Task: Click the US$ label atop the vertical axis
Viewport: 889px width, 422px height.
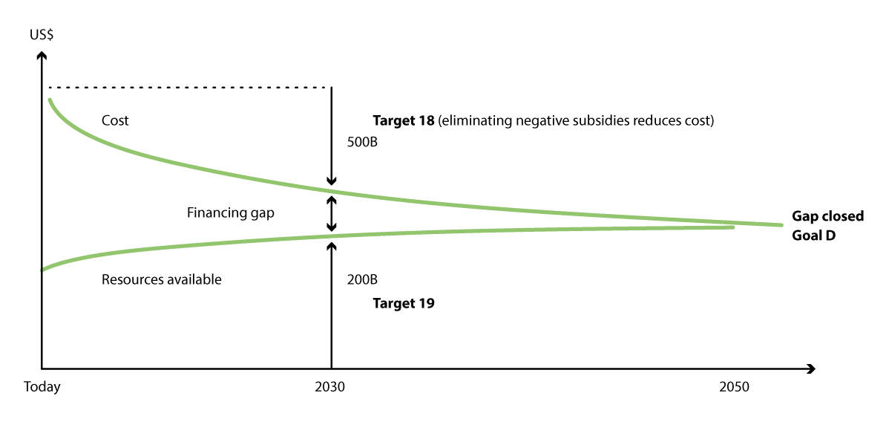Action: tap(42, 36)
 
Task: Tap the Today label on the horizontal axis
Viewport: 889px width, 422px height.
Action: tap(42, 387)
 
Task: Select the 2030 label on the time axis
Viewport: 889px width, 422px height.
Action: tap(329, 387)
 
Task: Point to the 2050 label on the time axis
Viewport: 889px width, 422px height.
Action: tap(734, 387)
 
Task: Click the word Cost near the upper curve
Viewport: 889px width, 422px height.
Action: tap(115, 120)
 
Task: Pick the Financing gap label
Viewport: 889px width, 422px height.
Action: tap(230, 213)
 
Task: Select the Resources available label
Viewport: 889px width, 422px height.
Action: tap(161, 280)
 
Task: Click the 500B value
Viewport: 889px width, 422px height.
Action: tap(362, 143)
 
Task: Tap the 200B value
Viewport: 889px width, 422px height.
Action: tap(362, 281)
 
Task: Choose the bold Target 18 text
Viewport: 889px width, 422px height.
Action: tap(404, 120)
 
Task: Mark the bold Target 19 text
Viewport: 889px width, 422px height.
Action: tap(403, 303)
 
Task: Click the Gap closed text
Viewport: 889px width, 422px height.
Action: tap(827, 216)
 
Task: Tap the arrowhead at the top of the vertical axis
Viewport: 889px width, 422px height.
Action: tap(42, 55)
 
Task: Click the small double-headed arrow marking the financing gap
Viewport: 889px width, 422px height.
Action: tap(332, 214)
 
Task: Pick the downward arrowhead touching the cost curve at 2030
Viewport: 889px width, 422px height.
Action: tap(332, 181)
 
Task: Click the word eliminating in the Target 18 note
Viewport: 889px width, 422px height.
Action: tap(471, 120)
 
